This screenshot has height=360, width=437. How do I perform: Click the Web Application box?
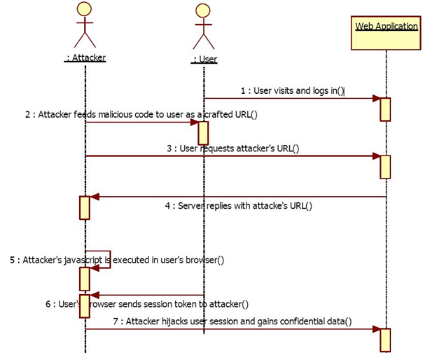(386, 34)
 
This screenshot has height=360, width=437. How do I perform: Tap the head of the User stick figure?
(203, 11)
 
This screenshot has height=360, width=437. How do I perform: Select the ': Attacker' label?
(85, 58)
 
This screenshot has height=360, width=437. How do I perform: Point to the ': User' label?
(204, 60)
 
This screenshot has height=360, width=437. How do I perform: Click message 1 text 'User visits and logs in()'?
(292, 90)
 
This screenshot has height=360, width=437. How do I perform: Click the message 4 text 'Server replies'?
(238, 205)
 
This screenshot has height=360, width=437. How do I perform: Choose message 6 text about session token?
(147, 304)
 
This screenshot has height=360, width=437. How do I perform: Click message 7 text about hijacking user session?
(232, 321)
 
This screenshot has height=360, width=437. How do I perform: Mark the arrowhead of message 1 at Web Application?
(375, 99)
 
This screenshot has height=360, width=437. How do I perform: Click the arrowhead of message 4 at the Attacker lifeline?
(95, 197)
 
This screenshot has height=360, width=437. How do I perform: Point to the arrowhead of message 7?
(375, 328)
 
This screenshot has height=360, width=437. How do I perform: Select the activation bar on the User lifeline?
(204, 132)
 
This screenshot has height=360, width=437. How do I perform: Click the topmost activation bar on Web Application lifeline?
(384, 109)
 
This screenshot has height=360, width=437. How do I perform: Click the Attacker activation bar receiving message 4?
(85, 207)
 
